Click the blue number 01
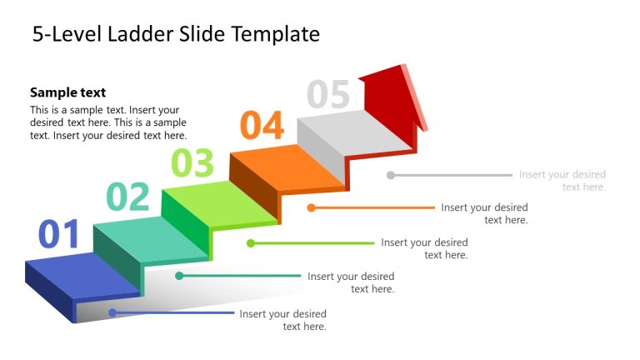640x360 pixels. (58, 234)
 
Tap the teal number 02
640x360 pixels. (127, 197)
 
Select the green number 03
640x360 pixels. (192, 162)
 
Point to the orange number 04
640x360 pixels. (262, 125)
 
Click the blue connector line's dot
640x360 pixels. (112, 313)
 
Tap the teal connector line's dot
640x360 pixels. (179, 276)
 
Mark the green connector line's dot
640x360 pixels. (250, 243)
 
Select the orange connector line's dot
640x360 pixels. (311, 207)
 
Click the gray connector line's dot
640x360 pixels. (391, 175)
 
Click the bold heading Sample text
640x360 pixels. (68, 92)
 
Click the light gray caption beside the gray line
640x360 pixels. (562, 181)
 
